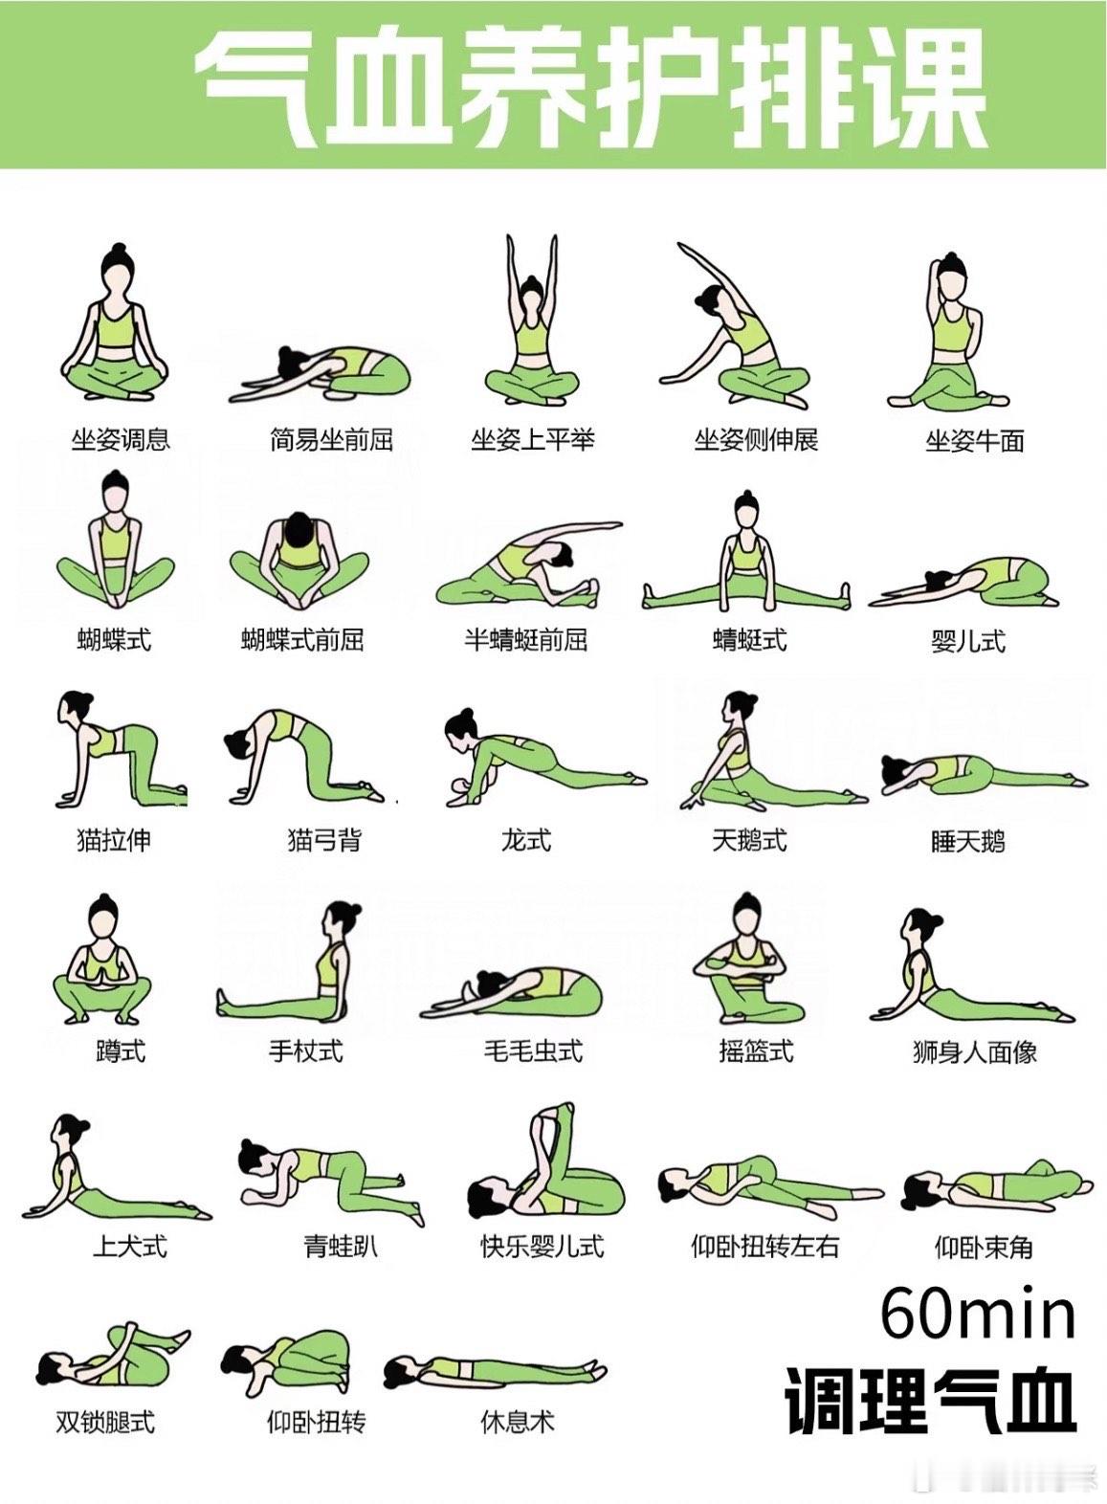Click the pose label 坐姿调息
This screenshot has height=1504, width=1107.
[121, 440]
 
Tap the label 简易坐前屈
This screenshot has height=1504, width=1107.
[331, 440]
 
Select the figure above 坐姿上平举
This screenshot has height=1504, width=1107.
[531, 319]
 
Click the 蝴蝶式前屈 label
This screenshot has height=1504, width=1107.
[302, 639]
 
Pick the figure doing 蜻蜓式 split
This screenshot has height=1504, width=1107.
[746, 550]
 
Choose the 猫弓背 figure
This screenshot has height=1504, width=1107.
[305, 757]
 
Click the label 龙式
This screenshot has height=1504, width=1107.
[526, 840]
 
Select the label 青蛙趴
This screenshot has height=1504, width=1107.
[341, 1247]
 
